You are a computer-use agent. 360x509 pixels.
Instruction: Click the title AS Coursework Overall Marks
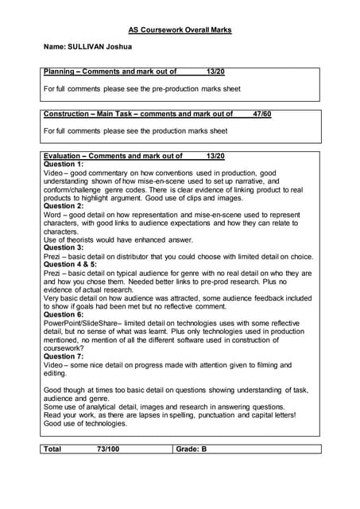click(180, 31)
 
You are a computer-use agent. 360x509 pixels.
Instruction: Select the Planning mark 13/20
click(215, 72)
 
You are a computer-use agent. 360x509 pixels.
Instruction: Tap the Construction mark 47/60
click(261, 114)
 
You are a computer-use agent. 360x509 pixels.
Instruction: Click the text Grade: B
click(192, 449)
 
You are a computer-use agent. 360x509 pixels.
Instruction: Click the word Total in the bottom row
click(52, 449)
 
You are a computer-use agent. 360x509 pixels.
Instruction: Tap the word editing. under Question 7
click(55, 373)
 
